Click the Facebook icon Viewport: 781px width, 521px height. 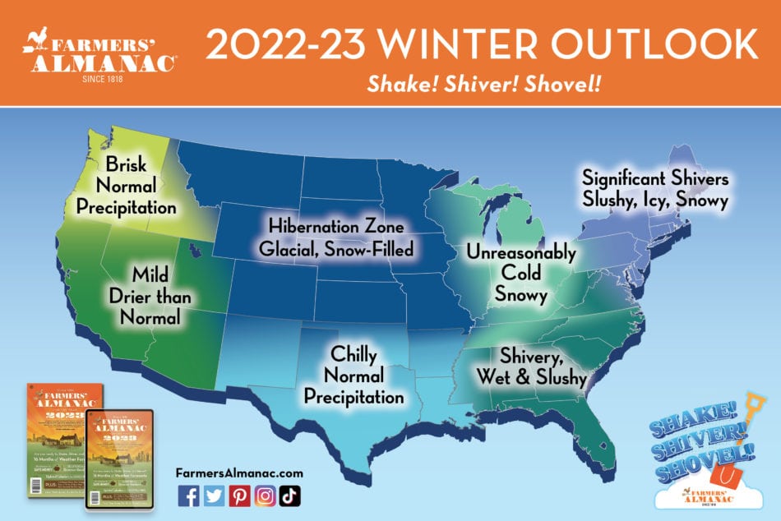(188, 496)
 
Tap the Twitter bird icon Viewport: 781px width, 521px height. (214, 496)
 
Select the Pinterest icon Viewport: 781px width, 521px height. (239, 496)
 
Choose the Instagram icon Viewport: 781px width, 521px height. (265, 496)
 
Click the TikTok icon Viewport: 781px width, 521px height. (290, 496)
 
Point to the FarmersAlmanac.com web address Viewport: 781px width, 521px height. (239, 473)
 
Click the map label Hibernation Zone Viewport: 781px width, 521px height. (335, 224)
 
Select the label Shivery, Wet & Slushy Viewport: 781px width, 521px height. (532, 367)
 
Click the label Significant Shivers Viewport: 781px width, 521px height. (655, 178)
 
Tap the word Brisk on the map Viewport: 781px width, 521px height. (126, 164)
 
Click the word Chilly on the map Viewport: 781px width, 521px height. (354, 355)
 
